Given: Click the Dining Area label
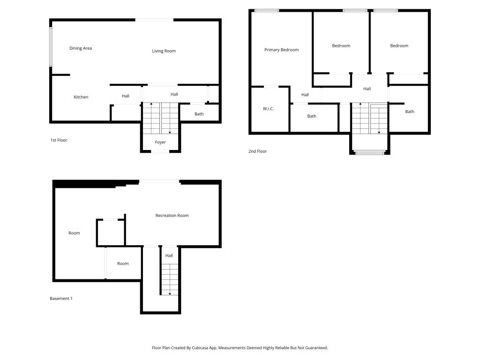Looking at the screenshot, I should (81, 48).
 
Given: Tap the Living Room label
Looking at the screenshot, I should (164, 51).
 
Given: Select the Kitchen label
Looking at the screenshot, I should (81, 97).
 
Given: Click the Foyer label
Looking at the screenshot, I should (160, 142).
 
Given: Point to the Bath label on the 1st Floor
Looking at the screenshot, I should (199, 114).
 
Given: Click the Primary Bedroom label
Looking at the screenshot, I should (281, 50).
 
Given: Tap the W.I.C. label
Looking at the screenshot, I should (268, 109).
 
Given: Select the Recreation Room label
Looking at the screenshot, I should (172, 216).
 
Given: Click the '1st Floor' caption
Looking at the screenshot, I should (59, 140).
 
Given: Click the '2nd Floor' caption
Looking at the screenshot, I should (257, 151).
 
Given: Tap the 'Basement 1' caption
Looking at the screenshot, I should (61, 299).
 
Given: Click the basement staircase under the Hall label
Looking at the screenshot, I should (169, 278).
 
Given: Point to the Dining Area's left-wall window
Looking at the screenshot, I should (51, 47).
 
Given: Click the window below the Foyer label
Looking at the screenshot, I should (160, 151).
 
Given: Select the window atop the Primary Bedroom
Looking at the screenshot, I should (267, 10).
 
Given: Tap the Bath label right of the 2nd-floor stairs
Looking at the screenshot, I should (409, 112).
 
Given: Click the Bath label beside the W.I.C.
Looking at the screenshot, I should (312, 116).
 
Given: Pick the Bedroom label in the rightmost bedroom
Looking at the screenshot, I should (399, 46).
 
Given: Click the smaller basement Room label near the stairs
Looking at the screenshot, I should (123, 263).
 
